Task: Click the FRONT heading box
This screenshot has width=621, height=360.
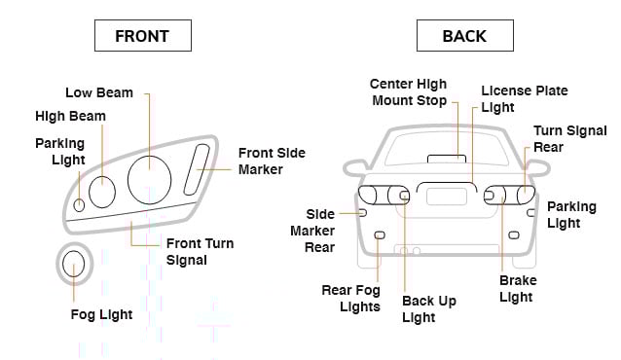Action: point(142,36)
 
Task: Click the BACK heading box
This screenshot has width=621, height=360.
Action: point(463,36)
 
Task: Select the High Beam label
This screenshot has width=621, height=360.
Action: point(70,117)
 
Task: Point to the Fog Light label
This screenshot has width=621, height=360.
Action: point(101,315)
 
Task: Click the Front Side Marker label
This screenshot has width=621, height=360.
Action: point(271,162)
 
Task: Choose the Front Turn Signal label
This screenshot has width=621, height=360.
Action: point(200,252)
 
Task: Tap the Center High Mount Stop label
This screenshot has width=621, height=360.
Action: point(409,92)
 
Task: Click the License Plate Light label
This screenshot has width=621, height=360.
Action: point(524,99)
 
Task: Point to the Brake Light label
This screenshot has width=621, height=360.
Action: point(518,289)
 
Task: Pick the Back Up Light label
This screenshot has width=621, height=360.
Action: point(429,309)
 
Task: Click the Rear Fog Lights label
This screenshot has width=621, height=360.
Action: point(350,299)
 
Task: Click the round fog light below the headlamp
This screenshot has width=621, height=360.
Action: point(73,263)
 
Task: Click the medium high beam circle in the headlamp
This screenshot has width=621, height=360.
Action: point(102,192)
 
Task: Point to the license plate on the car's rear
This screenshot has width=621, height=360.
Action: point(447,196)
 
